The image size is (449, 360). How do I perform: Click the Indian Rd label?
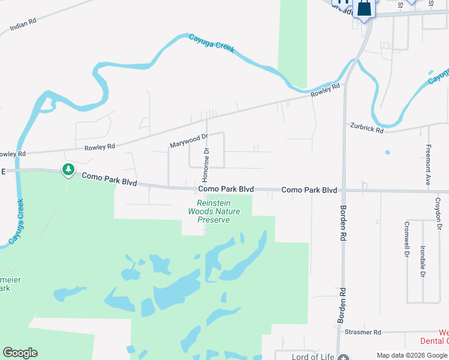[x=23, y=25]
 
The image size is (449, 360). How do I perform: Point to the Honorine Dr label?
[x=205, y=166]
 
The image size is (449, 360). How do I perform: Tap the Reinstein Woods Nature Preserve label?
[x=214, y=211]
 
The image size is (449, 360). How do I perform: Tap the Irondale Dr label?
[x=423, y=262]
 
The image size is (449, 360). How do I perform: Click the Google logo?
[x=20, y=353]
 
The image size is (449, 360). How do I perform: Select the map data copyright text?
[x=411, y=355]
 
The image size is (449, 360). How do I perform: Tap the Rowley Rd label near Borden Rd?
[x=325, y=91]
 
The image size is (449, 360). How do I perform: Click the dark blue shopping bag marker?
[x=364, y=8]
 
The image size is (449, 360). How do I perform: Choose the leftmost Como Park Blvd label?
[x=109, y=178]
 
